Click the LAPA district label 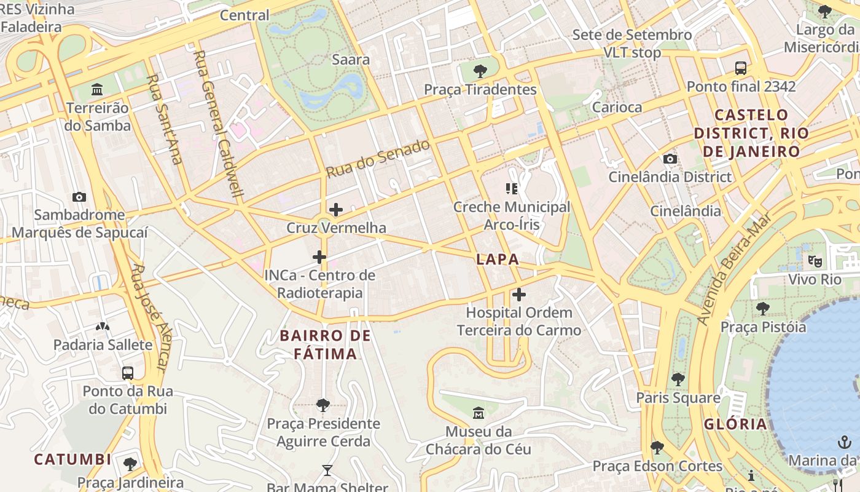[498, 260]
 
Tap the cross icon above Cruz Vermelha [336, 210]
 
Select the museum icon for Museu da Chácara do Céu [479, 413]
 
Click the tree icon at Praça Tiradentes [480, 71]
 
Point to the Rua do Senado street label [377, 159]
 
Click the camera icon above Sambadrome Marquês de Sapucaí [79, 197]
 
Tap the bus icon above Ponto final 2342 [741, 68]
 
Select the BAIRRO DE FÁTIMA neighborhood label [325, 344]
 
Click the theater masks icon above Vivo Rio [815, 261]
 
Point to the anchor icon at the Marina [845, 442]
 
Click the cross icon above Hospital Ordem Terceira [519, 295]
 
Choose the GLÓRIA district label [735, 424]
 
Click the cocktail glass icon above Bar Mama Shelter [327, 470]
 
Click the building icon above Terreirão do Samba [97, 90]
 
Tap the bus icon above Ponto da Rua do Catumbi [128, 373]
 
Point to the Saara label [351, 60]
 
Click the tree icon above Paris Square [678, 379]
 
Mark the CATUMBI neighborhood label [72, 459]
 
